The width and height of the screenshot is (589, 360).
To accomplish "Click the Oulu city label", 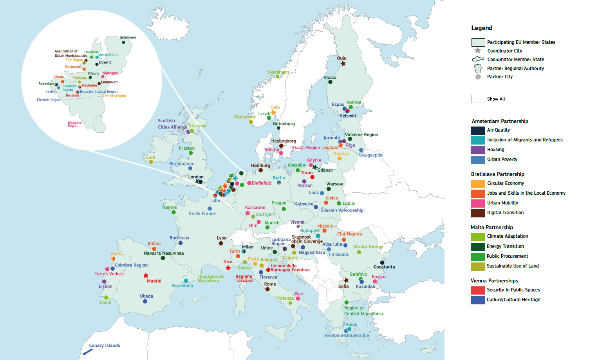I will [x=341, y=58].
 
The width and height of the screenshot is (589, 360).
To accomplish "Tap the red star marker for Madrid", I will [x=146, y=276].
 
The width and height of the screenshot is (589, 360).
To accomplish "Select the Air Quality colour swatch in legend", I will [x=478, y=130].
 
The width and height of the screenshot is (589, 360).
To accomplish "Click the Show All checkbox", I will [x=478, y=99].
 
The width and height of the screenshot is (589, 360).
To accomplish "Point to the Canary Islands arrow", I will [x=87, y=352].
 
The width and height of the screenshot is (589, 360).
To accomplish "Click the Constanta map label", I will [x=384, y=267].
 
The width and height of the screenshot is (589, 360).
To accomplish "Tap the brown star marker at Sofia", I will [x=346, y=280].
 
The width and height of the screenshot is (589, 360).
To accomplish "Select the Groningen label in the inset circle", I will [x=128, y=38].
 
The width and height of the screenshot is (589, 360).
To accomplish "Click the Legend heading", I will [x=482, y=28].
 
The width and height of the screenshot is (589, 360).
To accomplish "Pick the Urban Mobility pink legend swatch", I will [x=478, y=203].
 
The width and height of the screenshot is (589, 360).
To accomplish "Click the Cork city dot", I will [x=151, y=162].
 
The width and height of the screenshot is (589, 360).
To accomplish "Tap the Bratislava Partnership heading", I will [x=497, y=174].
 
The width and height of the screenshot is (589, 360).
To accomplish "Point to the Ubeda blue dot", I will [x=145, y=301].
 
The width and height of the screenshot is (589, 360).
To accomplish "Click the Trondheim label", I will [x=278, y=72].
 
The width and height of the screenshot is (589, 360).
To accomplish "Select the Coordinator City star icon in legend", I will [x=478, y=51].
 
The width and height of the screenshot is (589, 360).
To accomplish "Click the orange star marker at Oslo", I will [x=273, y=112].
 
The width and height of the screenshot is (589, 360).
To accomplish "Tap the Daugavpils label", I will [x=370, y=155].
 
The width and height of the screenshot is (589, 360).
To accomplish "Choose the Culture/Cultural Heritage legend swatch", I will [x=478, y=300].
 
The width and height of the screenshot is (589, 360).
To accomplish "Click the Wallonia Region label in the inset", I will [x=74, y=124].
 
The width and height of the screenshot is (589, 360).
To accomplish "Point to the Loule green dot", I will [x=106, y=297].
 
